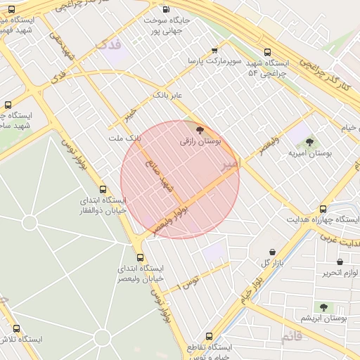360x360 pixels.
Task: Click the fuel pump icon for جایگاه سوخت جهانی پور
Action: (166, 9)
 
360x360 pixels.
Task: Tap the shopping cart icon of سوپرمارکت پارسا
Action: (214, 51)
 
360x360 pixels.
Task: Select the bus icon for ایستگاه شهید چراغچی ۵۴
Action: (266, 52)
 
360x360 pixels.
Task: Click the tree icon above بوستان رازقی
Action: (200, 130)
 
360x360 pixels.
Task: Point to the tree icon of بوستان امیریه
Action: (309, 142)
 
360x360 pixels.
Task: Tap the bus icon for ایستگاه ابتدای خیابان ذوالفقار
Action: (103, 189)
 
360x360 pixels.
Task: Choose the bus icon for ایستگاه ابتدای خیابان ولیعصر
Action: (140, 257)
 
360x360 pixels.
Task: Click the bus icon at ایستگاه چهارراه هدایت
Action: (323, 209)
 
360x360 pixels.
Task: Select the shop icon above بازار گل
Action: (272, 252)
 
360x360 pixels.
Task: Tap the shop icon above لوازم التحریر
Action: (340, 262)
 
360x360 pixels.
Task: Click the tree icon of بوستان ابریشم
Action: (323, 307)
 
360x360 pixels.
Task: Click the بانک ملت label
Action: (124, 139)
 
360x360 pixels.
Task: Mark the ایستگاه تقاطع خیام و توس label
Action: (214, 352)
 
